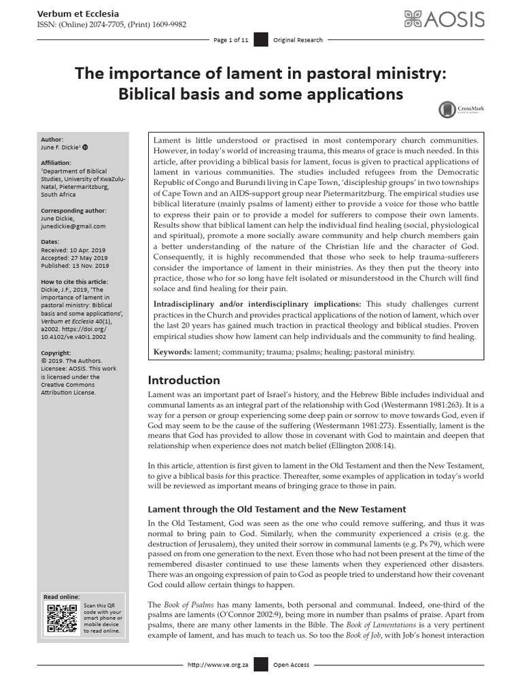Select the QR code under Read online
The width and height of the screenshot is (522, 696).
coord(60,618)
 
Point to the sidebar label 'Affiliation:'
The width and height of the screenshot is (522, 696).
coord(58,163)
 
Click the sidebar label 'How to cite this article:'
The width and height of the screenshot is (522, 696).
coord(74,281)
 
